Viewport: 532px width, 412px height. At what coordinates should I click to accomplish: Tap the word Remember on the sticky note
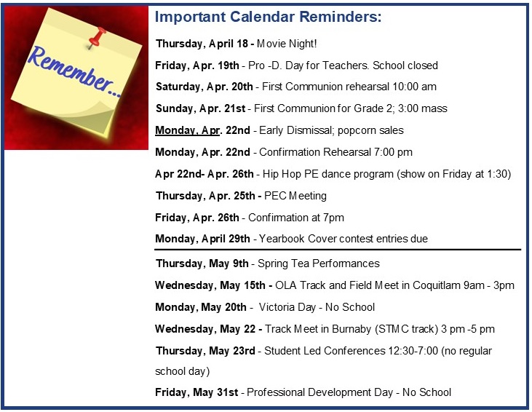71,71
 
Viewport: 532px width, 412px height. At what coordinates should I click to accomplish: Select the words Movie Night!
287,44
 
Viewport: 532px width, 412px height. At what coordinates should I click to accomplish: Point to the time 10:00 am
414,87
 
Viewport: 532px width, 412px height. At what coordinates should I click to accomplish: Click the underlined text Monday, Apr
187,130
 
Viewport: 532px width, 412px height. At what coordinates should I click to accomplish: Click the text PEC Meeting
295,196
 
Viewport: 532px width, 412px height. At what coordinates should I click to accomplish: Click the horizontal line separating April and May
338,250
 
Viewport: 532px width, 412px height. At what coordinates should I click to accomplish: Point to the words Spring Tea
284,264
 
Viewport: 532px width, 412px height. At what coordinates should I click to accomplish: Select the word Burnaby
352,329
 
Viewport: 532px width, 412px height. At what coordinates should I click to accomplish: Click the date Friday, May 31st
196,392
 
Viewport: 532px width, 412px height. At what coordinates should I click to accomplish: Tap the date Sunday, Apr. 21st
201,108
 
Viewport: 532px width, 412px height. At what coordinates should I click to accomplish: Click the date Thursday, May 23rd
205,351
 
